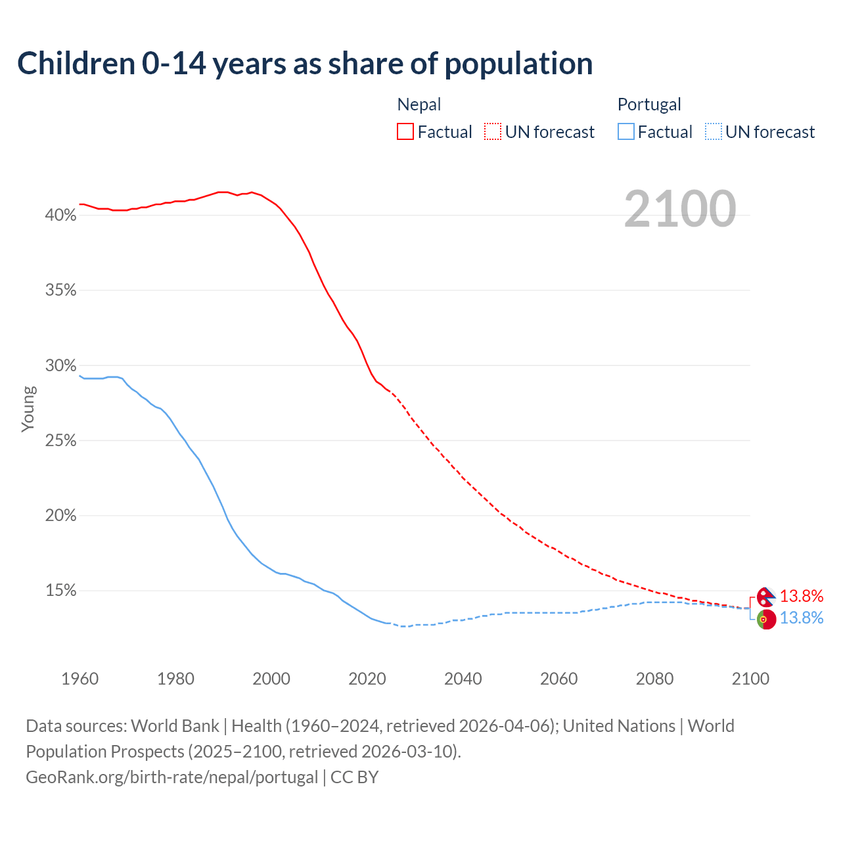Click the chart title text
[305, 64]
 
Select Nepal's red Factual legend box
[405, 132]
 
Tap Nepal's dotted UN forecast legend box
[493, 132]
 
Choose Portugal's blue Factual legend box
[625, 132]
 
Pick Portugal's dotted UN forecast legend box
[713, 132]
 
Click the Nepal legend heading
[419, 104]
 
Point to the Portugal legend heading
[649, 104]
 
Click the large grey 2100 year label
[680, 209]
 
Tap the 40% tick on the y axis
[60, 215]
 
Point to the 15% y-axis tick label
[60, 591]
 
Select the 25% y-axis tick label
[60, 440]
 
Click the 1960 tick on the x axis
[80, 679]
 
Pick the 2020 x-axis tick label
[367, 679]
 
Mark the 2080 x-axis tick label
[654, 679]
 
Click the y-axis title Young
[28, 409]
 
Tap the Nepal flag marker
[765, 597]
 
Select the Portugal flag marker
[766, 619]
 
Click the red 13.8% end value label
[802, 596]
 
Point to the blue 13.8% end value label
[802, 618]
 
